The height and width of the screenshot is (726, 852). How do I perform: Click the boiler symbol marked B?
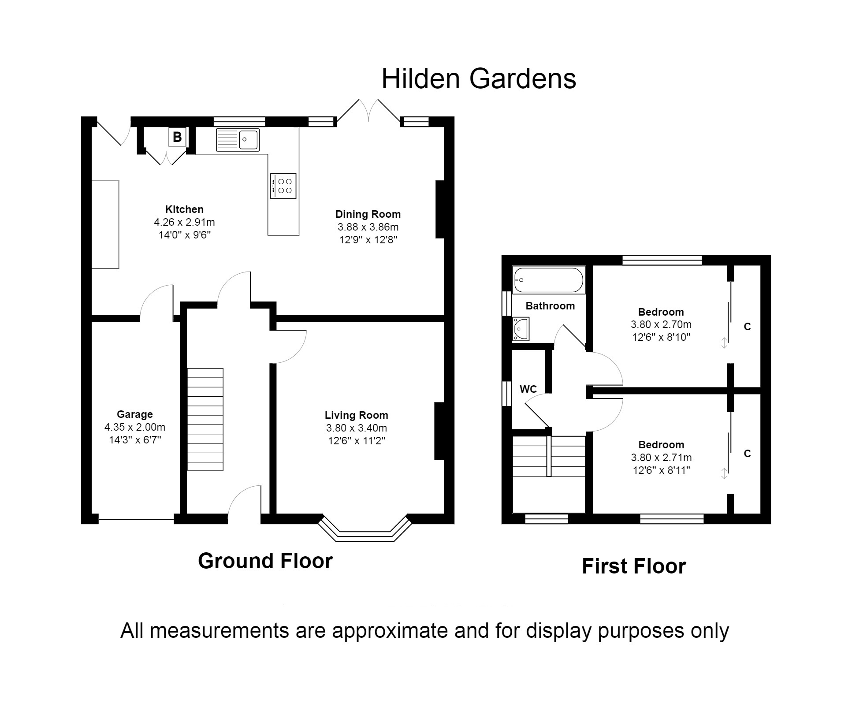(x=177, y=137)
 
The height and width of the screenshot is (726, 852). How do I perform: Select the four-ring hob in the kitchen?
(x=283, y=186)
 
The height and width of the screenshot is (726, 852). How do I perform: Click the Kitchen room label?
(x=184, y=209)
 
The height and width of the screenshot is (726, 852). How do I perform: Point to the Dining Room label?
(x=368, y=214)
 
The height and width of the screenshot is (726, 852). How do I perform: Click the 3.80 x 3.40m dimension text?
(x=356, y=428)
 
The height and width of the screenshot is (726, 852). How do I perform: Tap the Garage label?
(x=134, y=414)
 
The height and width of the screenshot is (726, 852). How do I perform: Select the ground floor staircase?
(x=205, y=419)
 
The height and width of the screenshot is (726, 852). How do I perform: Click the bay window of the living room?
(x=365, y=532)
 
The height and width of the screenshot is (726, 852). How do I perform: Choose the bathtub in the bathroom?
(x=548, y=280)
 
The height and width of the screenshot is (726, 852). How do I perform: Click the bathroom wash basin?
(x=521, y=329)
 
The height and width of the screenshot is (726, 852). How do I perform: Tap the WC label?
(x=528, y=389)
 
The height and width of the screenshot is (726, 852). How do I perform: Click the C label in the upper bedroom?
(x=747, y=327)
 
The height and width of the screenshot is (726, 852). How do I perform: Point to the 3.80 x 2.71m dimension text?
(x=661, y=458)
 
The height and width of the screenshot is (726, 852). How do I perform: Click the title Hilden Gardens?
(x=478, y=79)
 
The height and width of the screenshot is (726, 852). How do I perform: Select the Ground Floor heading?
(x=265, y=561)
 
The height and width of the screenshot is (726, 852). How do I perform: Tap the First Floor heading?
(x=633, y=566)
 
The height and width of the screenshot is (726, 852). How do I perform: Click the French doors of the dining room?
(x=368, y=111)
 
